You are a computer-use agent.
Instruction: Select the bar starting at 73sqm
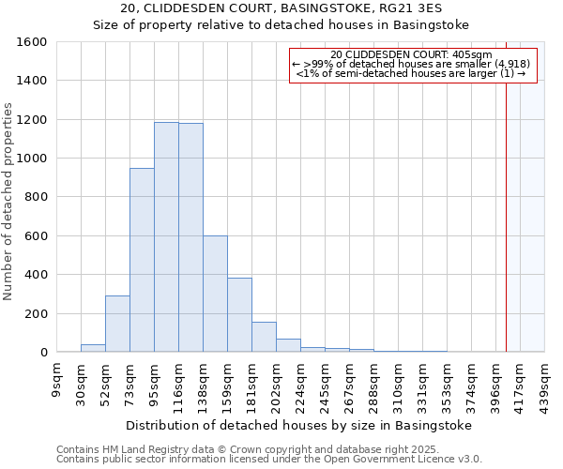click(142, 260)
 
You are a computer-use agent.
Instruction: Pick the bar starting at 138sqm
click(215, 294)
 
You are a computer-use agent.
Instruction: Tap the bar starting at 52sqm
click(117, 324)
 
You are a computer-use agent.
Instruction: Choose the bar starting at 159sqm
click(239, 315)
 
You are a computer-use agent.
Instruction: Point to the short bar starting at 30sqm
click(93, 348)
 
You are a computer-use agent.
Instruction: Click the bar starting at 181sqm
click(264, 337)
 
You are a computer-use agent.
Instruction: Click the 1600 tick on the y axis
click(32, 42)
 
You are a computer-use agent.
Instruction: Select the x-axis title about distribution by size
click(297, 425)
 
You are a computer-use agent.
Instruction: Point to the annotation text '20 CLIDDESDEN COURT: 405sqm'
click(412, 55)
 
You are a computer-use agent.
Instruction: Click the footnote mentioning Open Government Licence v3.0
click(268, 460)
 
